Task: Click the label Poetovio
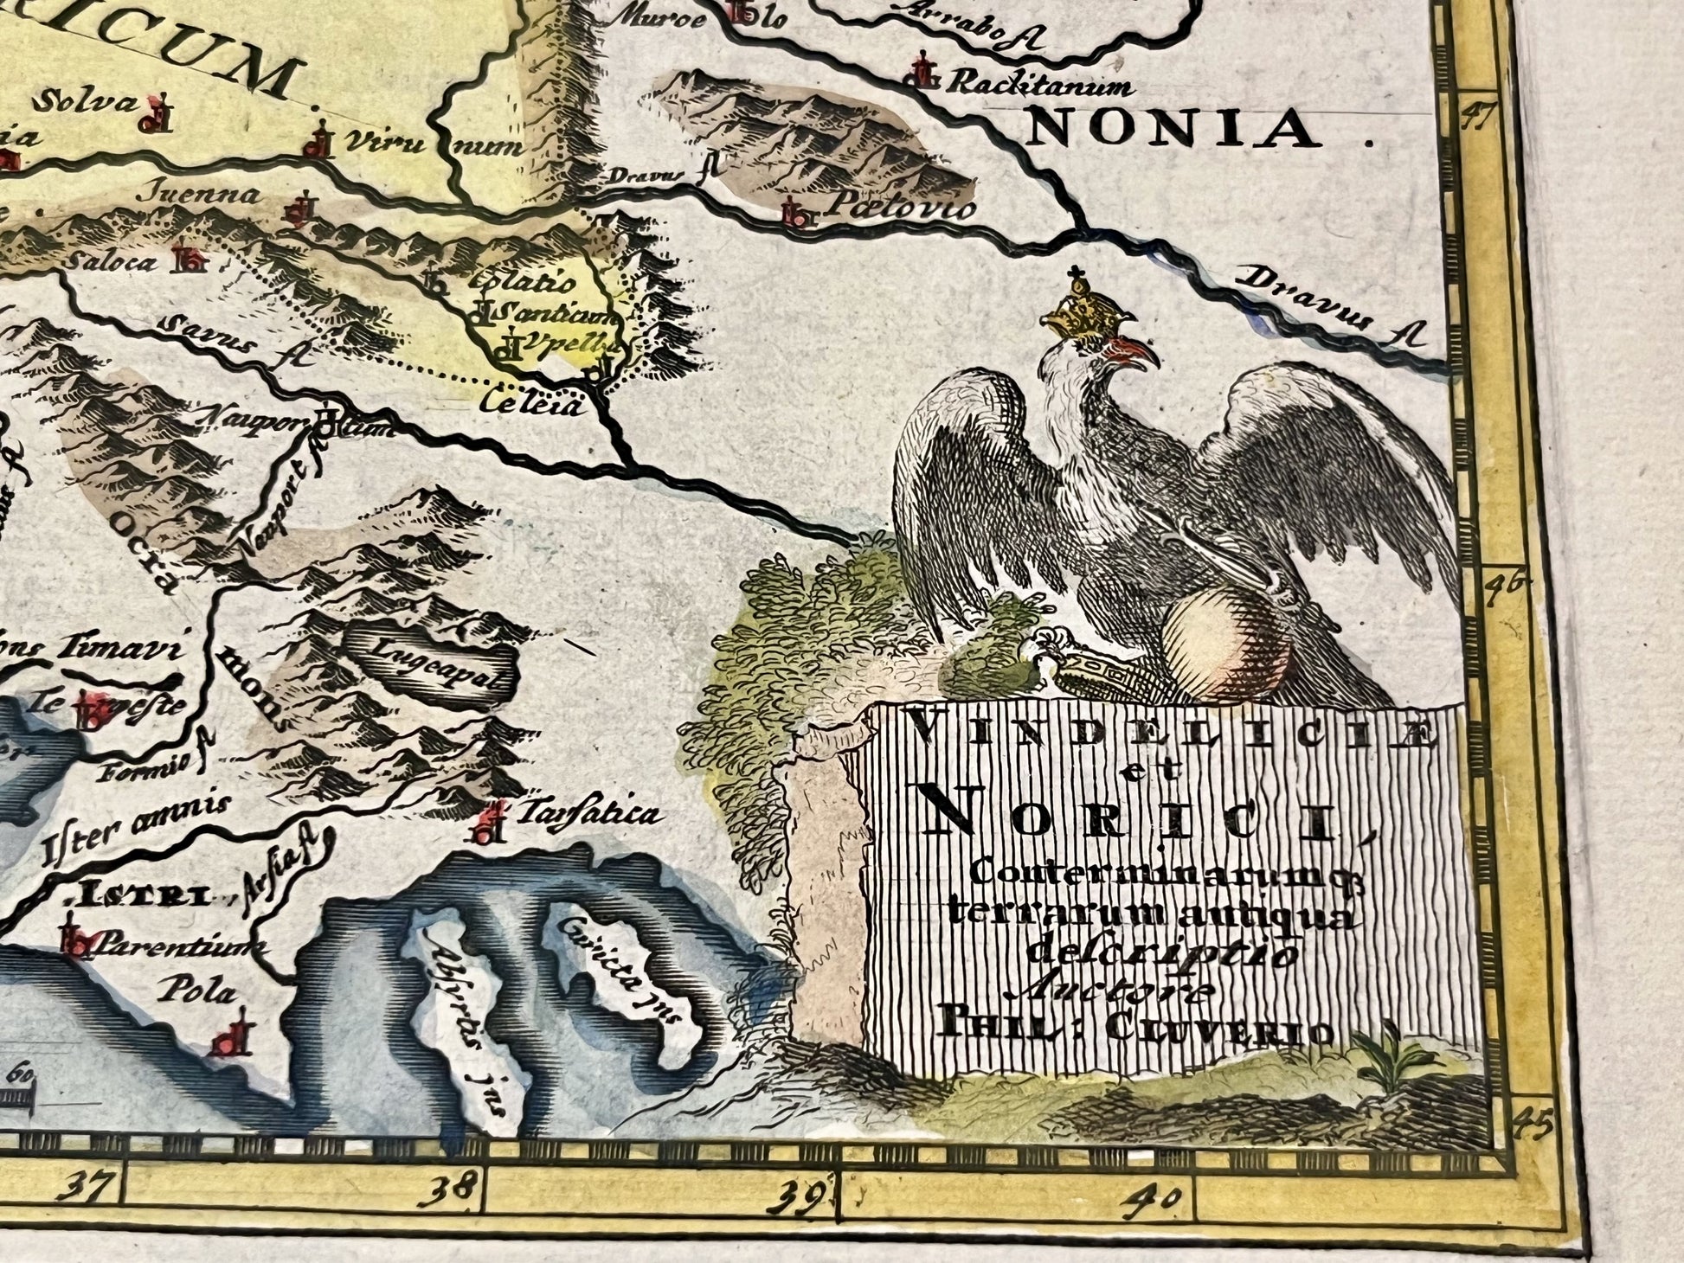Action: (901, 207)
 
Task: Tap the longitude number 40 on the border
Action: (1158, 1199)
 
